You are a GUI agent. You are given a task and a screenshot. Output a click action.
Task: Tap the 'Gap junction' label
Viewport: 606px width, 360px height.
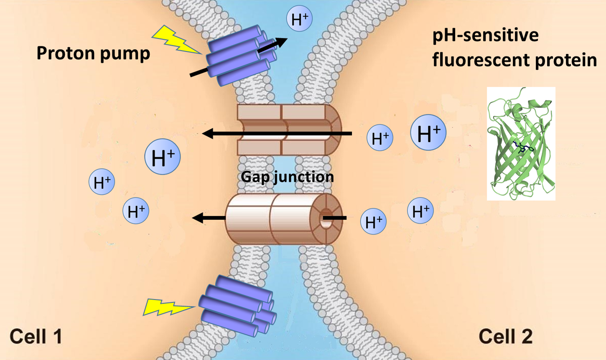pyautogui.click(x=287, y=177)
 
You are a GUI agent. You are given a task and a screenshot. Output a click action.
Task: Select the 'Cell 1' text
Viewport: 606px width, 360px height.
pyautogui.click(x=36, y=337)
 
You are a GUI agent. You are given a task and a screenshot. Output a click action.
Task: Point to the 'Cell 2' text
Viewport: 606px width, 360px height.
pyautogui.click(x=506, y=337)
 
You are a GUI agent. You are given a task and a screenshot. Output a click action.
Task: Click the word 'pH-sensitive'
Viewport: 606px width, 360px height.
pyautogui.click(x=486, y=35)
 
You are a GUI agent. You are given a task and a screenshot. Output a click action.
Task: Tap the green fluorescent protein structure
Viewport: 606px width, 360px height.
pyautogui.click(x=521, y=144)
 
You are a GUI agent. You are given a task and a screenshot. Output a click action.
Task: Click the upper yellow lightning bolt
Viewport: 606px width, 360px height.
pyautogui.click(x=176, y=40)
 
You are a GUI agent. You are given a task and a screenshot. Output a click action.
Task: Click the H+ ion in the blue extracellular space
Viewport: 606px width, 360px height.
pyautogui.click(x=300, y=18)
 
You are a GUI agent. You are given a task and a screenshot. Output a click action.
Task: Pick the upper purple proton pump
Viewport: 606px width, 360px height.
pyautogui.click(x=241, y=56)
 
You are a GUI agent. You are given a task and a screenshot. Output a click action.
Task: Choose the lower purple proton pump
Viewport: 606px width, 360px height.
pyautogui.click(x=237, y=306)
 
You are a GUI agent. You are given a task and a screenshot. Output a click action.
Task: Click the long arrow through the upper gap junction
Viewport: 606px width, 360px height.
pyautogui.click(x=277, y=134)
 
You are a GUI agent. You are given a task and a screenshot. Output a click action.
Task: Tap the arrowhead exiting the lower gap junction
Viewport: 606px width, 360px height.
pyautogui.click(x=198, y=218)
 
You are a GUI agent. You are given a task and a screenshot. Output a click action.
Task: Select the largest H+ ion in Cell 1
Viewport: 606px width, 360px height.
pyautogui.click(x=162, y=157)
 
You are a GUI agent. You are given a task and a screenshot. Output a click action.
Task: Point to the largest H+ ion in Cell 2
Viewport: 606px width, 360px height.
pyautogui.click(x=428, y=132)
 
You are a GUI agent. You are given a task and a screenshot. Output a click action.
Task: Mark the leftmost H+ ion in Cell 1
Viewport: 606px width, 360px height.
pyautogui.click(x=102, y=182)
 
